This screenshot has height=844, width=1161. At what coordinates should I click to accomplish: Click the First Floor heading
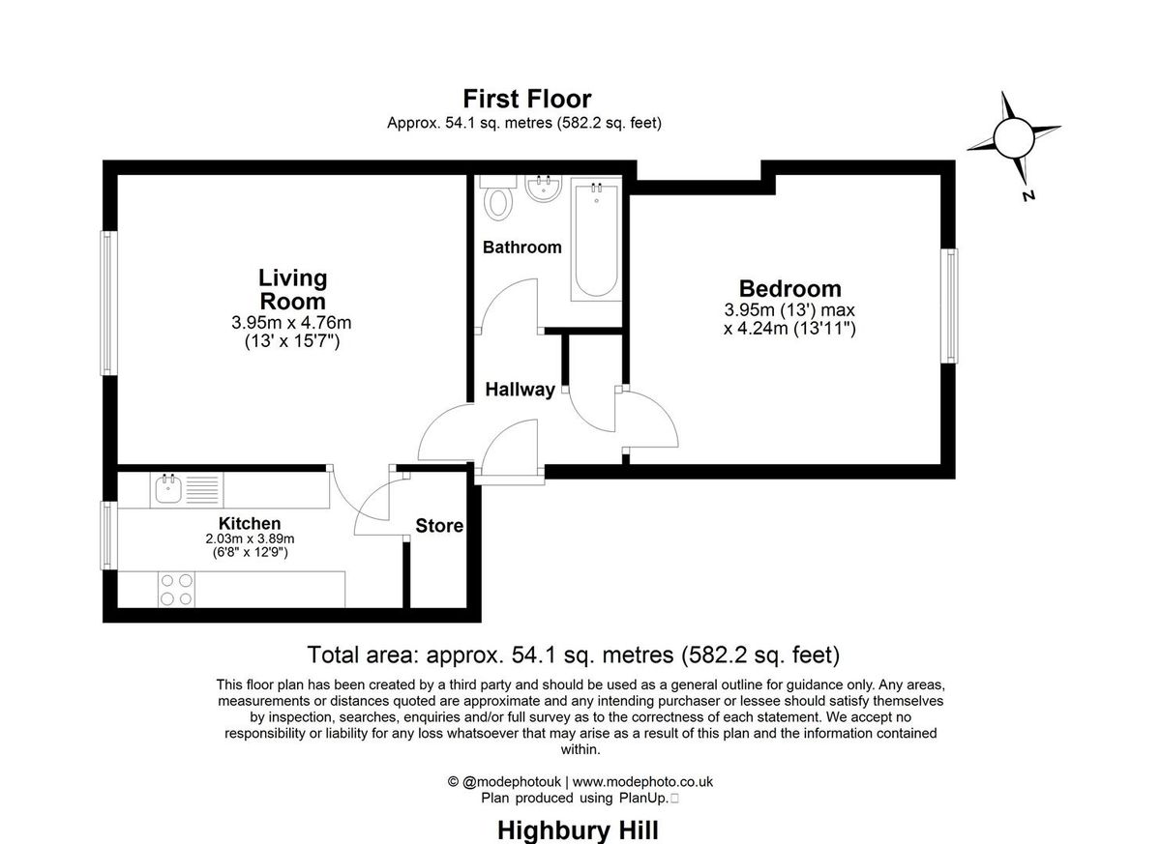(526, 99)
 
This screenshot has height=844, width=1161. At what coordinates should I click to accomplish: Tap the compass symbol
(1013, 139)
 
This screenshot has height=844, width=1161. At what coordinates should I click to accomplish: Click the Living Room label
(292, 289)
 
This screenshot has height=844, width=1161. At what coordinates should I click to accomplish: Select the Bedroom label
(789, 288)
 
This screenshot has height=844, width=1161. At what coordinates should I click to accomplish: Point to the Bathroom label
(521, 247)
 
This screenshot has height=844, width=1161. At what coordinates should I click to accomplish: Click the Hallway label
(520, 390)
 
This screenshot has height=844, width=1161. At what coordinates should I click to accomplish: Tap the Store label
(439, 526)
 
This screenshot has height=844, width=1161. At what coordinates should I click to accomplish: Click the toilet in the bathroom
(500, 201)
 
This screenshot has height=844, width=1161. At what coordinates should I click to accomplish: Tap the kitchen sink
(169, 488)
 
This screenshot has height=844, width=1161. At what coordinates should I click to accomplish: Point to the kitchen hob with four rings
(175, 589)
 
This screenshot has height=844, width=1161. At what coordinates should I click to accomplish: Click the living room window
(109, 303)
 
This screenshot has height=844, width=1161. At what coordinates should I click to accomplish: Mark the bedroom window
(951, 306)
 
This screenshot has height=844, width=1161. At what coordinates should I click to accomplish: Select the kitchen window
(109, 535)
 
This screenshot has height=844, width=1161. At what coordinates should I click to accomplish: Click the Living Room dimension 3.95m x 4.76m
(291, 322)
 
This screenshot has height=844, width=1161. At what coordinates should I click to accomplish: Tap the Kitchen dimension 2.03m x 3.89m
(250, 539)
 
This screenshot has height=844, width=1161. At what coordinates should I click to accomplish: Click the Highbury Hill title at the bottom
(578, 829)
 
